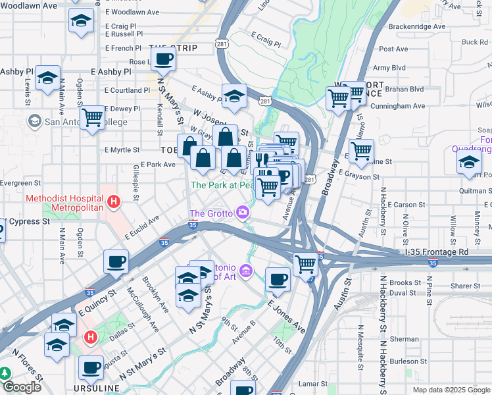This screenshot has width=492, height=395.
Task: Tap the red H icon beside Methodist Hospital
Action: tap(114, 201)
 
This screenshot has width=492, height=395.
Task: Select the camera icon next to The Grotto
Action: tap(243, 212)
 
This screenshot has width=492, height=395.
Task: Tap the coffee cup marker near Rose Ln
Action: tap(164, 60)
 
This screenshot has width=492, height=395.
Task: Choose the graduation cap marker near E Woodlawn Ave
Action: tap(81, 23)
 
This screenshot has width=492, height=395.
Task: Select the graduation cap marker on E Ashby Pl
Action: tap(48, 78)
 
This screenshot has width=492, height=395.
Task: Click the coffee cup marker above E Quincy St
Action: tap(116, 262)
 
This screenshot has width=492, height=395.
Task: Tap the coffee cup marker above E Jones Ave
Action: tap(278, 279)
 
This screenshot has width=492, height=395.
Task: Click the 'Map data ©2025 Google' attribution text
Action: tap(451, 390)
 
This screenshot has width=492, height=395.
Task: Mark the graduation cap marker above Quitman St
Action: tap(470, 162)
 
